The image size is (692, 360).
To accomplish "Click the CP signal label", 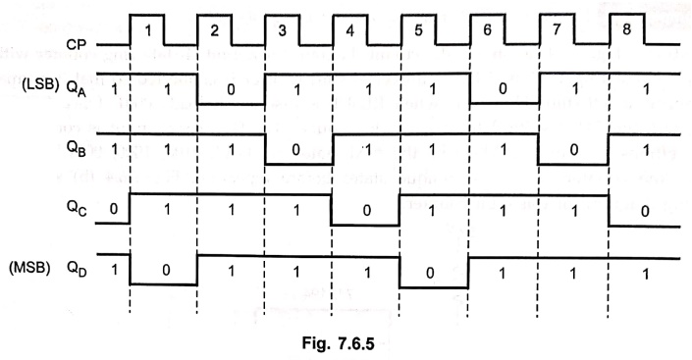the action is tap(76, 44).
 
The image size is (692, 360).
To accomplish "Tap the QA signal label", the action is tap(77, 88).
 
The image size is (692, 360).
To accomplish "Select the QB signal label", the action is tap(77, 149).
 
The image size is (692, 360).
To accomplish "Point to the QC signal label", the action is tap(77, 209).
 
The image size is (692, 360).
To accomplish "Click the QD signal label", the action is tap(77, 268).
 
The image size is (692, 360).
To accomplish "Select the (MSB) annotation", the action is tap(29, 268).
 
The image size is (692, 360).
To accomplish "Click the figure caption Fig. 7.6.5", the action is tap(338, 342).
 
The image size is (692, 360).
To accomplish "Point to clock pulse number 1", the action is tap(148, 30).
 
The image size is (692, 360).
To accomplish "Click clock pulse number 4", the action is tap(350, 31).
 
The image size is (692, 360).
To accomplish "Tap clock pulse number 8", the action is tap(626, 29).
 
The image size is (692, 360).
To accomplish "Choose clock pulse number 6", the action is tap(487, 30).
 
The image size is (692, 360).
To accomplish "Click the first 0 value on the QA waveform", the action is tap(231, 89).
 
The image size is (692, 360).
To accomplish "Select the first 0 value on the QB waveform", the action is tap(295, 150).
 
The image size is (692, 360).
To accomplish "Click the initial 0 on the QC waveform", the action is tap(114, 209).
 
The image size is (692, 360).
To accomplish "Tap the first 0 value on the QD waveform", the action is tap(166, 270).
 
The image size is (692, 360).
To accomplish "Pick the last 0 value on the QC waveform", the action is tap(645, 211).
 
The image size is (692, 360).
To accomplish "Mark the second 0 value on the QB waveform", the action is tap(574, 150).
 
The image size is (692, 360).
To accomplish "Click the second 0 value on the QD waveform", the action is tap(430, 273).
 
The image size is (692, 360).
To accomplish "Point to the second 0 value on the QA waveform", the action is tap(503, 89).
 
